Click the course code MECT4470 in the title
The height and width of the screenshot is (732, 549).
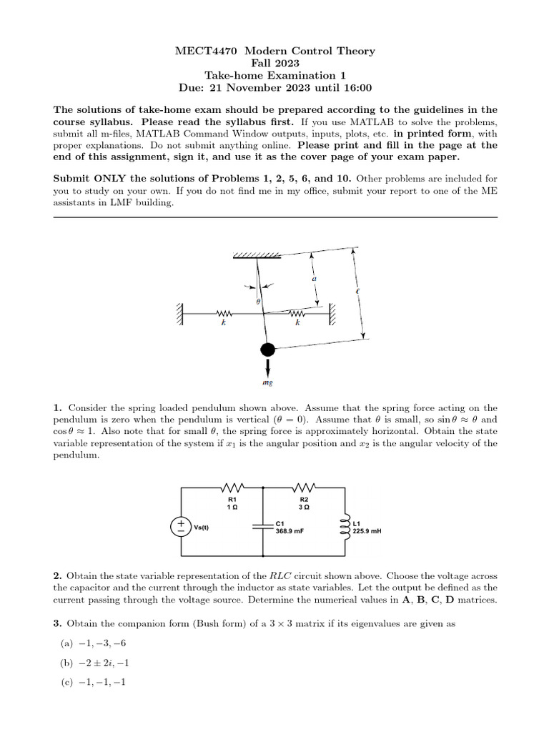click(x=202, y=51)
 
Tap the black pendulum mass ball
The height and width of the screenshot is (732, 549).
click(x=267, y=350)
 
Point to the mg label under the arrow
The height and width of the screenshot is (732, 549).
click(x=267, y=383)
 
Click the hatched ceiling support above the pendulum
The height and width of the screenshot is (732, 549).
click(x=256, y=255)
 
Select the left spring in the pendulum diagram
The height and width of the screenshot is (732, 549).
click(x=224, y=312)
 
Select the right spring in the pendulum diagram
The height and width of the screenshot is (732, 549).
click(x=297, y=312)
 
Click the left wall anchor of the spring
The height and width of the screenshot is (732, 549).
click(x=182, y=312)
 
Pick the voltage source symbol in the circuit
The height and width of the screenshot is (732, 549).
click(x=179, y=527)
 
